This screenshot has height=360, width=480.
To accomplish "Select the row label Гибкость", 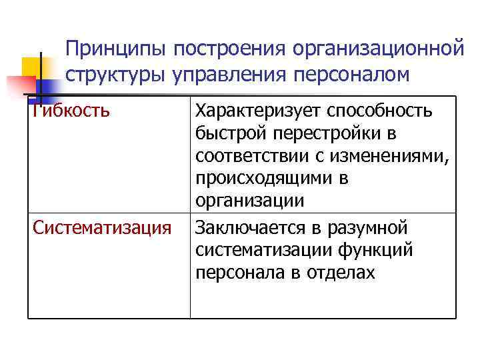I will [71, 111].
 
